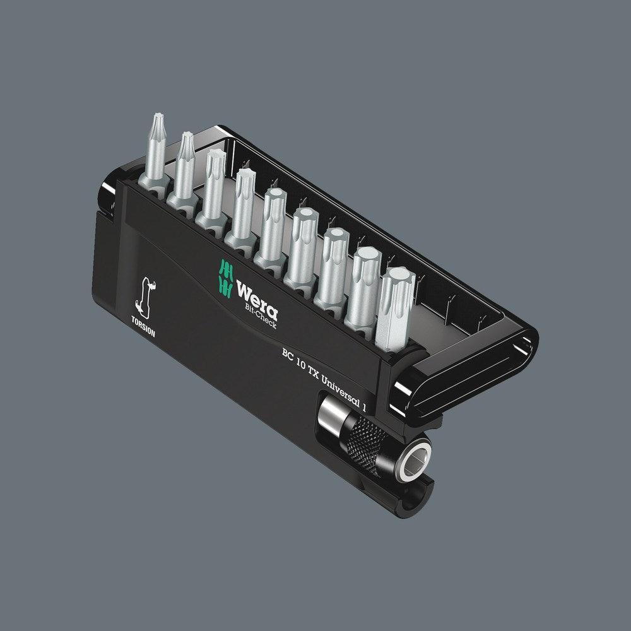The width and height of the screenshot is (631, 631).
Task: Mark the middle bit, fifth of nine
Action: click(273, 221)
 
